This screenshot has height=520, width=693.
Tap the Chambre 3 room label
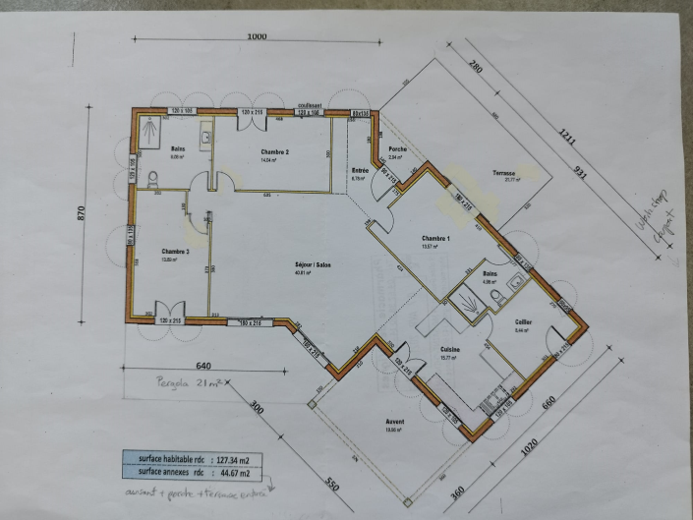[x=175, y=252]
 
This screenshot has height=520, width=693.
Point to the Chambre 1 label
[x=435, y=239]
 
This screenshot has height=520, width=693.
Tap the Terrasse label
[x=505, y=173]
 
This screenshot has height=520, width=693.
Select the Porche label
[x=397, y=149]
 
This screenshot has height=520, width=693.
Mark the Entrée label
[x=360, y=172]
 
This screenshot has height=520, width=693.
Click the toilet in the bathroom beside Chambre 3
[x=152, y=179]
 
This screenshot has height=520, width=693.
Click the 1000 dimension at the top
[x=257, y=36]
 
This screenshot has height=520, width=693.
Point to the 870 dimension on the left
[x=85, y=213]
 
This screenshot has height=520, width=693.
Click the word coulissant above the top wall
[x=311, y=103]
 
